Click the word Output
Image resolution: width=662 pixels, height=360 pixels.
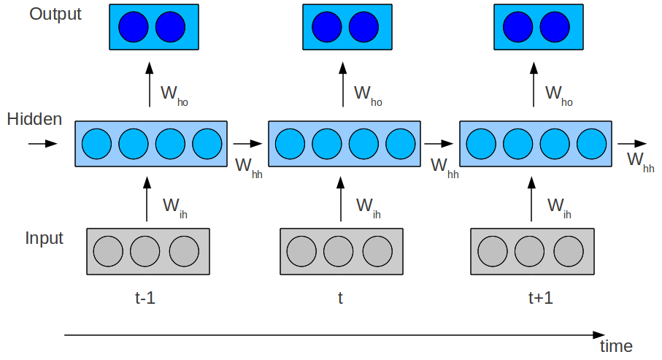(55, 15)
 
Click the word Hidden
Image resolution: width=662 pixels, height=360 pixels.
(34, 120)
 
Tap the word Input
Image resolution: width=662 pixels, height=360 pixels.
(44, 239)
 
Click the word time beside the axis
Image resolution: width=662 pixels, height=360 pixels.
(616, 346)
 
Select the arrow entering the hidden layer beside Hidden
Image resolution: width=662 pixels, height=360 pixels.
(42, 143)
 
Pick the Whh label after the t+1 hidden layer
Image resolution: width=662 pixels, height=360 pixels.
(640, 161)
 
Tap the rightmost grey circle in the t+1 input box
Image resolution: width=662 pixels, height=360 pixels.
(568, 250)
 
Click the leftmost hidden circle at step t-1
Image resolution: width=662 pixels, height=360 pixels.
(96, 143)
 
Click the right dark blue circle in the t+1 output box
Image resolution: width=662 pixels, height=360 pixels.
(554, 27)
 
